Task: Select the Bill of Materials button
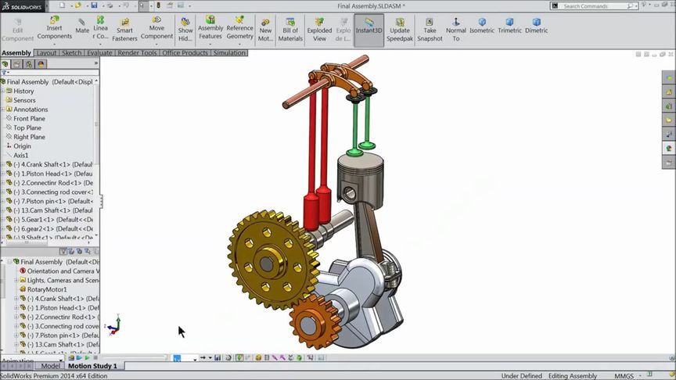coord(290,30)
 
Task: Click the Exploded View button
coord(319,30)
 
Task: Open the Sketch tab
coord(71,53)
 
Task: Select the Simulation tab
coord(229,53)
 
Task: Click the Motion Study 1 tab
coord(92,366)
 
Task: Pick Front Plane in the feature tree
coord(29,119)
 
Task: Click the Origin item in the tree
coord(22,146)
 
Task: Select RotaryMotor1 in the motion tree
coord(47,289)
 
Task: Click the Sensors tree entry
coord(24,100)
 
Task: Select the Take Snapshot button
coord(430,30)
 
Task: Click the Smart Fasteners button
coord(124,30)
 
